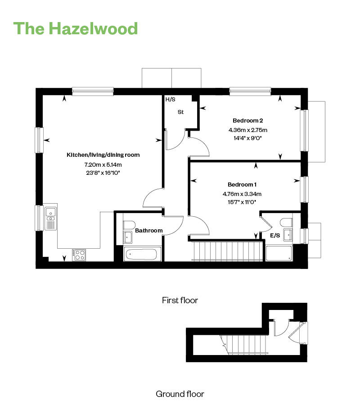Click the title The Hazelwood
click(x=76, y=28)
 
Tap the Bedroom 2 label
click(x=247, y=121)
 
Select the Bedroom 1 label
click(x=242, y=185)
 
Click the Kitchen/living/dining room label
click(x=103, y=155)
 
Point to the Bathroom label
click(x=148, y=231)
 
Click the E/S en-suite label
click(x=275, y=236)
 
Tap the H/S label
click(x=171, y=100)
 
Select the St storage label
click(x=180, y=112)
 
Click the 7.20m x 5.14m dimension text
click(x=103, y=165)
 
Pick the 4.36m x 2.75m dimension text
click(x=248, y=130)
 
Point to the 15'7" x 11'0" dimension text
click(x=242, y=202)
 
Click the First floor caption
click(x=180, y=300)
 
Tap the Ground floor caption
click(x=180, y=394)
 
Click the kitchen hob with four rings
click(x=79, y=255)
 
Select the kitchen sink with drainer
click(x=51, y=219)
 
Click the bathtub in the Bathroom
click(x=141, y=254)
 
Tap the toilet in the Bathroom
click(x=129, y=225)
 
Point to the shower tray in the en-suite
click(x=279, y=253)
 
